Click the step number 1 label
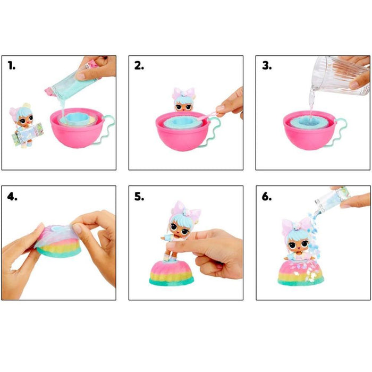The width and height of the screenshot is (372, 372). point(12,65)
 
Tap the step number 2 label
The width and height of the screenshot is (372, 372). point(139,65)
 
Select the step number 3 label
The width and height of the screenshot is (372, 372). point(267,65)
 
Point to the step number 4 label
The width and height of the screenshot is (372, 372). point(12,197)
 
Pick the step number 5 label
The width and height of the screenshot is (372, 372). point(139,197)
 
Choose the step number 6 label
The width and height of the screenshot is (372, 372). point(267,197)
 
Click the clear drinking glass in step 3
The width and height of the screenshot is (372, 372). point(341,75)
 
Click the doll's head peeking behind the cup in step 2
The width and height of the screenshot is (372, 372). point(184,100)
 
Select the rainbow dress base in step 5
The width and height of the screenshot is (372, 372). point(172,273)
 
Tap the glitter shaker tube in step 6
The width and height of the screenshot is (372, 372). point(332,197)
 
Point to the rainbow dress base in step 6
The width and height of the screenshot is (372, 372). point(301,272)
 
